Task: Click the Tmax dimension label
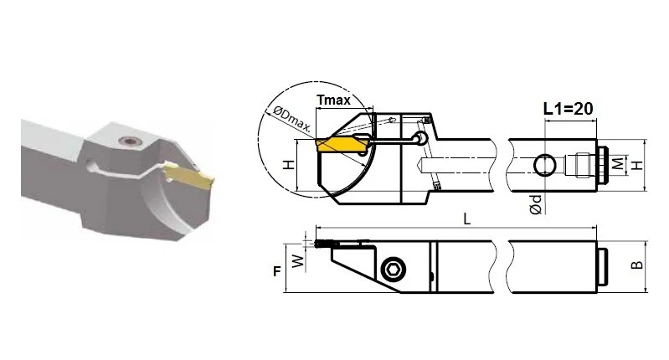click(333, 100)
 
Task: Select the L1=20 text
click(568, 109)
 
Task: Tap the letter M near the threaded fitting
click(618, 163)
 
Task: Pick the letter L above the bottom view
click(467, 219)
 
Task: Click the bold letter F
click(277, 271)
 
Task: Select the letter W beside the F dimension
click(298, 260)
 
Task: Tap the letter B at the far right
click(636, 265)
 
